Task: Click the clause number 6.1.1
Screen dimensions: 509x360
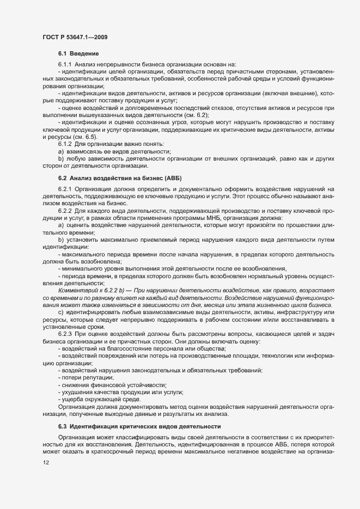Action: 65,64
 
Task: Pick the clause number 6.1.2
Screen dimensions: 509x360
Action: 65,143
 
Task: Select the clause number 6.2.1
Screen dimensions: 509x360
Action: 65,188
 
